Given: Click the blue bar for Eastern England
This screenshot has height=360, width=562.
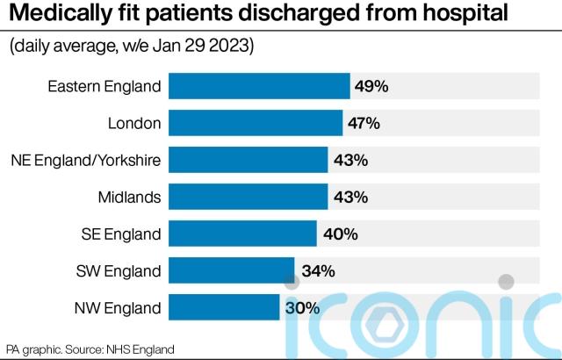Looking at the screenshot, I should pyautogui.click(x=259, y=86).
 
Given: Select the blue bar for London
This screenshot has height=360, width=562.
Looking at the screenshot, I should pyautogui.click(x=255, y=123).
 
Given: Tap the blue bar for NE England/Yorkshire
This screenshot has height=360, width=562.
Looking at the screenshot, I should pyautogui.click(x=248, y=160).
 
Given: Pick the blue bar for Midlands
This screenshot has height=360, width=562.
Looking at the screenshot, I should pyautogui.click(x=248, y=197).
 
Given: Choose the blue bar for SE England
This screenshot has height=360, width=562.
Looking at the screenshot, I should pyautogui.click(x=242, y=234).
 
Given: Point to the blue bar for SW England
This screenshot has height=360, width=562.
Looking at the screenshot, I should pyautogui.click(x=231, y=270).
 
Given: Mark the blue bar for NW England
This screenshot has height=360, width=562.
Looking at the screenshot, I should pyautogui.click(x=224, y=307).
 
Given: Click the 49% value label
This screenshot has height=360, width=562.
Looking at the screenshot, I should pyautogui.click(x=371, y=86).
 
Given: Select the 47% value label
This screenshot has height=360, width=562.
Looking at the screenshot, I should pyautogui.click(x=363, y=123).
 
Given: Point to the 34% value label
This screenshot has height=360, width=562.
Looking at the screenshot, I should pyautogui.click(x=318, y=270).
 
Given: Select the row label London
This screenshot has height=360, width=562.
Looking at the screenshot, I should pyautogui.click(x=134, y=123).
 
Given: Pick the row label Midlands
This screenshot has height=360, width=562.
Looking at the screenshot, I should pyautogui.click(x=132, y=197).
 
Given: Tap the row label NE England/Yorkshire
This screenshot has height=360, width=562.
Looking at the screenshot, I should pyautogui.click(x=86, y=160).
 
